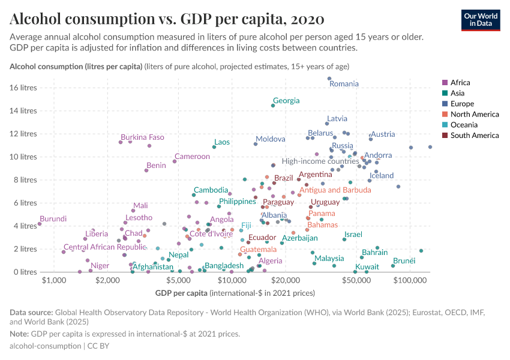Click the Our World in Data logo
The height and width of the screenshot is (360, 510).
click(x=481, y=19)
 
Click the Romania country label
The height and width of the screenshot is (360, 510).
click(x=344, y=84)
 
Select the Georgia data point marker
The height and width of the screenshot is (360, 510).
click(x=273, y=106)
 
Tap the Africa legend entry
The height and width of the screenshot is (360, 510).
click(x=460, y=82)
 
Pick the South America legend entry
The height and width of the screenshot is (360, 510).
click(x=474, y=136)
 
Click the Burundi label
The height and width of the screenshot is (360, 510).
click(x=53, y=219)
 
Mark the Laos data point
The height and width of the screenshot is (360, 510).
click(x=214, y=147)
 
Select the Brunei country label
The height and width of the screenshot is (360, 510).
click(x=404, y=260)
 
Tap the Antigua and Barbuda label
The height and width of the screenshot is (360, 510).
click(x=335, y=190)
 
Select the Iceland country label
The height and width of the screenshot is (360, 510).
click(x=382, y=176)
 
